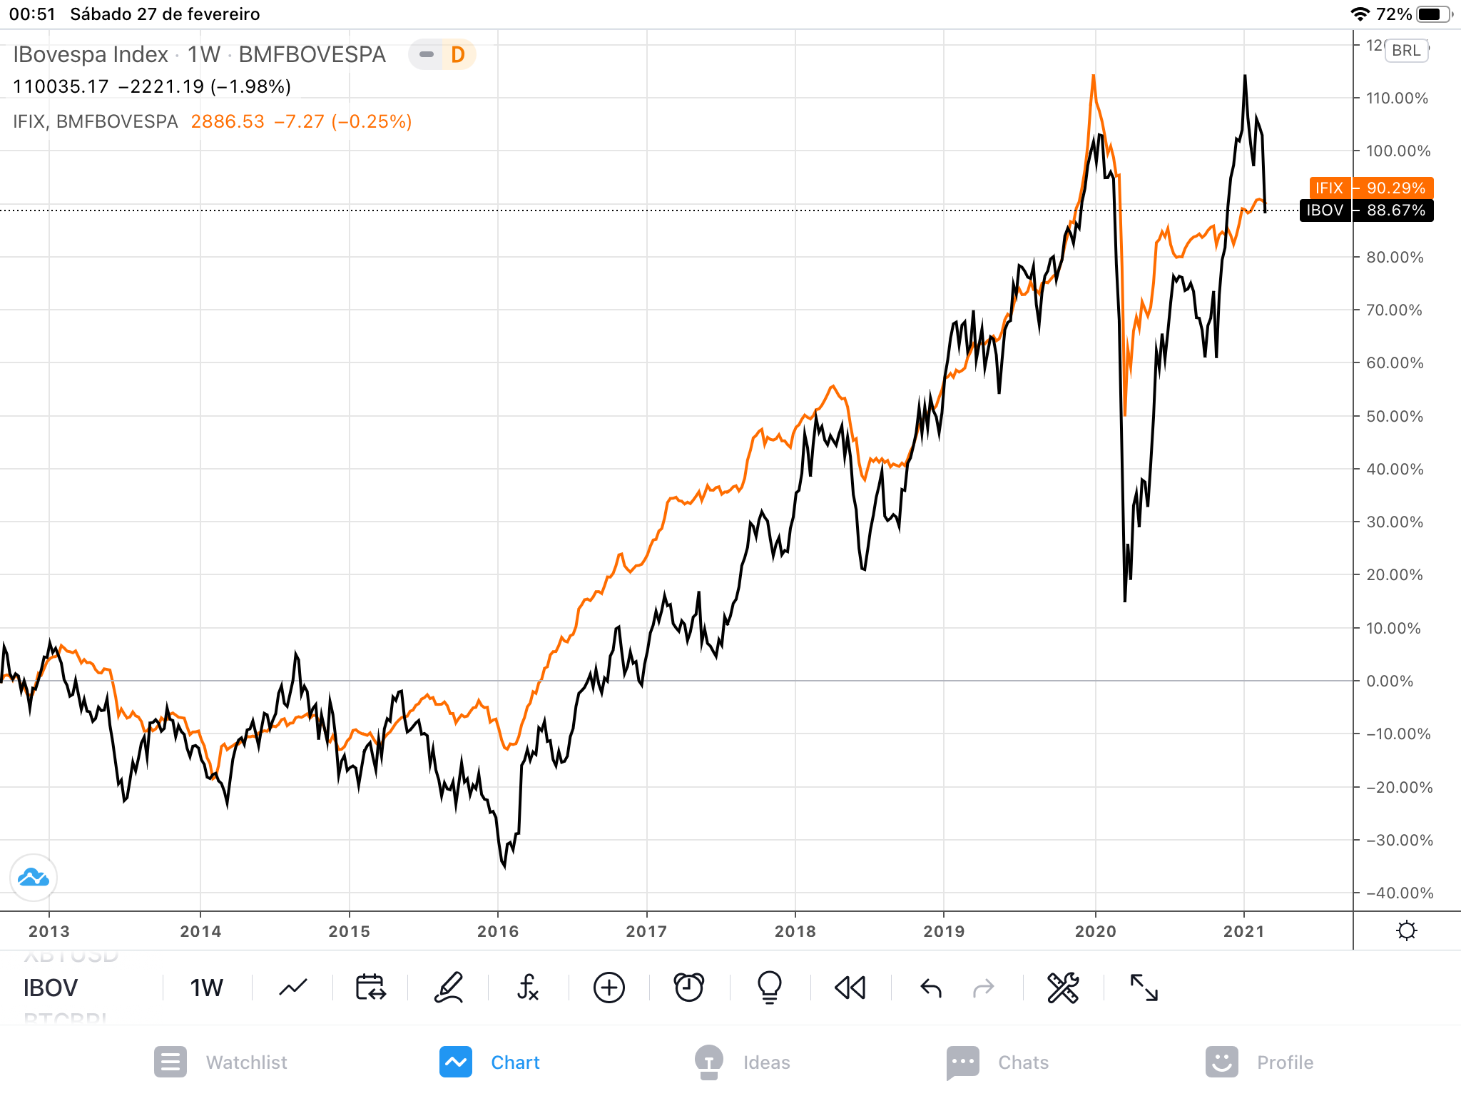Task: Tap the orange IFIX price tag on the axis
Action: coord(1370,188)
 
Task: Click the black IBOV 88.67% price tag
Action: coord(1366,210)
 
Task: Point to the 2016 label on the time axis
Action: coord(498,931)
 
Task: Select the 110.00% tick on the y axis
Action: coord(1396,98)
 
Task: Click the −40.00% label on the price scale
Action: coord(1399,893)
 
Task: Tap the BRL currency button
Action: coord(1406,51)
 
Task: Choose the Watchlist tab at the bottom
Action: coord(221,1062)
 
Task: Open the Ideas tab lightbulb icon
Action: coord(709,1062)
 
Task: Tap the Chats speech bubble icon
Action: coord(962,1062)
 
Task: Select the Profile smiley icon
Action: coord(1221,1062)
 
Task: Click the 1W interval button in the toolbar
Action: coord(206,988)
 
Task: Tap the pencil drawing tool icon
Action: coord(449,988)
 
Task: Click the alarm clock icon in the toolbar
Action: coord(689,988)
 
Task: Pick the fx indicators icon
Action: coord(528,988)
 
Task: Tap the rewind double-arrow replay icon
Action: coord(850,988)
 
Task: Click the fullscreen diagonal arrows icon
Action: coord(1144,988)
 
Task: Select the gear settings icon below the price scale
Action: coord(1407,930)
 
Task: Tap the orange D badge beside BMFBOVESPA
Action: coord(457,54)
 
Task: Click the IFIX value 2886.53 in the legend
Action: coord(228,122)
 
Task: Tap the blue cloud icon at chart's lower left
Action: coord(34,877)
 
